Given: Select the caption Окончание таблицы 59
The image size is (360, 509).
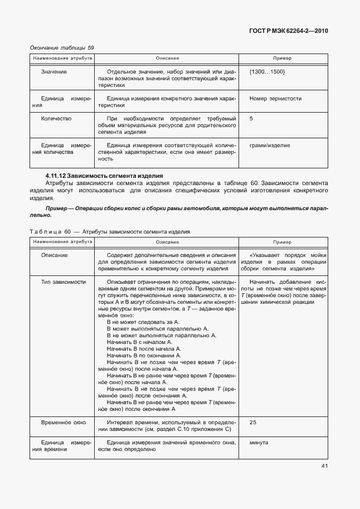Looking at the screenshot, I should pyautogui.click(x=61, y=48).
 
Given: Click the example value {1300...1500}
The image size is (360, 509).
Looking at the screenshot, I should pyautogui.click(x=267, y=72).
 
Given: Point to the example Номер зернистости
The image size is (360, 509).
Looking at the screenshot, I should pyautogui.click(x=275, y=98).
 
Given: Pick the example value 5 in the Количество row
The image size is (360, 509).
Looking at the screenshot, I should pyautogui.click(x=251, y=119).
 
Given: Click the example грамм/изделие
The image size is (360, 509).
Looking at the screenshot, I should pyautogui.click(x=270, y=146).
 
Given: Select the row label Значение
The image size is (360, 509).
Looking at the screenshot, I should pyautogui.click(x=54, y=72).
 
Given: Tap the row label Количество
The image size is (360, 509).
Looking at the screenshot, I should pyautogui.click(x=56, y=119).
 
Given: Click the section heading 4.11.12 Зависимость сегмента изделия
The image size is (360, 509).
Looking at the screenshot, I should pyautogui.click(x=103, y=176).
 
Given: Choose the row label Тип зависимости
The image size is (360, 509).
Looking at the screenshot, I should pyautogui.click(x=64, y=282).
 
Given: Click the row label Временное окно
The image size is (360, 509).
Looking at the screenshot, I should pyautogui.click(x=64, y=423).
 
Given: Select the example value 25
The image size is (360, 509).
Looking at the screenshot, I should pyautogui.click(x=253, y=423).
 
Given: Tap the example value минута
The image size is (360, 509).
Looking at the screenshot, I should pyautogui.click(x=259, y=443).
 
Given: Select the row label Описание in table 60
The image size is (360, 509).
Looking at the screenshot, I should pyautogui.click(x=55, y=255).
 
